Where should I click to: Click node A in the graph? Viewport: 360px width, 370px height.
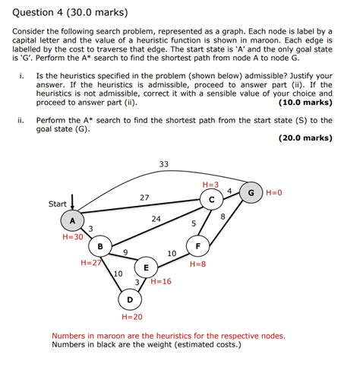tap(72, 220)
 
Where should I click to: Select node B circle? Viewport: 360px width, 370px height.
tap(100, 246)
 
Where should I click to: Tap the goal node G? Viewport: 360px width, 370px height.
tap(251, 192)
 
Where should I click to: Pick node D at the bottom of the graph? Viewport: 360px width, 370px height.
tap(130, 299)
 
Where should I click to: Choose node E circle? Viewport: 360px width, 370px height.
tap(146, 267)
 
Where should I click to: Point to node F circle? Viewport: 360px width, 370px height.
tap(198, 245)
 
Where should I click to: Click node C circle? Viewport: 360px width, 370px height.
tap(212, 200)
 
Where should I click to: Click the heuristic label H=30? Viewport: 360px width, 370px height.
tap(73, 237)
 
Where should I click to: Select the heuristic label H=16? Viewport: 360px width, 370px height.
tap(161, 281)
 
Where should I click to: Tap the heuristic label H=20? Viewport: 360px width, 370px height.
tap(132, 317)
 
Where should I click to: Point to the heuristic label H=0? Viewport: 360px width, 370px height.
tap(274, 193)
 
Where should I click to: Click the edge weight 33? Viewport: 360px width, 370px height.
tap(164, 164)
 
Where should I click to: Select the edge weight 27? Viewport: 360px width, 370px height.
tap(144, 198)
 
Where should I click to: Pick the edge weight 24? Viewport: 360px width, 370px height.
tap(156, 219)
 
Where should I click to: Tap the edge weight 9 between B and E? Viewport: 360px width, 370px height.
tap(125, 252)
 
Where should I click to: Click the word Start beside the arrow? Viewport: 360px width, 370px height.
tap(58, 204)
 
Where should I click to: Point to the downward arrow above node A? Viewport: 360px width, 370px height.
tap(72, 202)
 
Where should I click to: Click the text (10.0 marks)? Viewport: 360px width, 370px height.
tap(305, 103)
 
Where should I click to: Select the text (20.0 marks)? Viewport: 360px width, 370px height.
tap(305, 138)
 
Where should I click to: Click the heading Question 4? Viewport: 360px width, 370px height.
tap(37, 12)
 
